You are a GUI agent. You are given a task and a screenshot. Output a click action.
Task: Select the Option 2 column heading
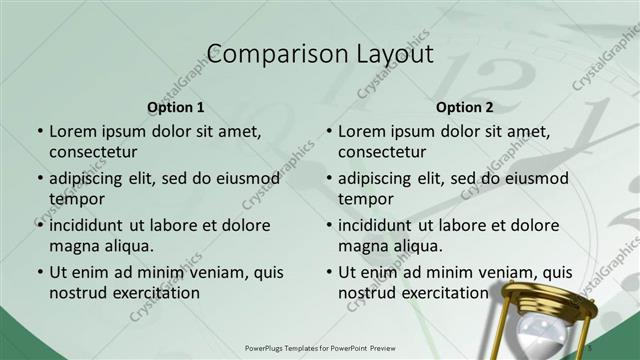(x=465, y=107)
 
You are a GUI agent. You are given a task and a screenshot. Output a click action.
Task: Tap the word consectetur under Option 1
(x=92, y=152)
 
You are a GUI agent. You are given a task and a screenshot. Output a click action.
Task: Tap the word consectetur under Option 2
(x=382, y=152)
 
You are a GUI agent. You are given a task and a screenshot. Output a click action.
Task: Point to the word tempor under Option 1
(x=77, y=199)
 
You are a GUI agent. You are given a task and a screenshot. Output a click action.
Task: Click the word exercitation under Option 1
(x=151, y=293)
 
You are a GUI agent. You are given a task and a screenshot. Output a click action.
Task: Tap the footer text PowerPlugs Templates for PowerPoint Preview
(x=320, y=347)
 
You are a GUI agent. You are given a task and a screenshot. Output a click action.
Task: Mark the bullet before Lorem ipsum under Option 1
(x=39, y=131)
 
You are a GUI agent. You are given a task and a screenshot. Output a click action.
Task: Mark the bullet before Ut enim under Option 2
(x=329, y=272)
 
